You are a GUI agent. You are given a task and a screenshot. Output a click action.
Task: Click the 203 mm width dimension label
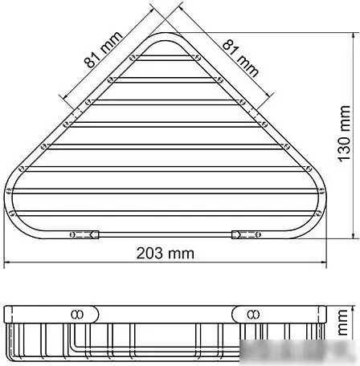(x=166, y=252)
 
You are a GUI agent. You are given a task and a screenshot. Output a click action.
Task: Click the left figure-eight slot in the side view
(x=78, y=313)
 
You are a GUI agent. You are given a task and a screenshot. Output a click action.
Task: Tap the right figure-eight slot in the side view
(x=252, y=313)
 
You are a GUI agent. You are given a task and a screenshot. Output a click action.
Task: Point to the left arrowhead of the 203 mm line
(x=9, y=262)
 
